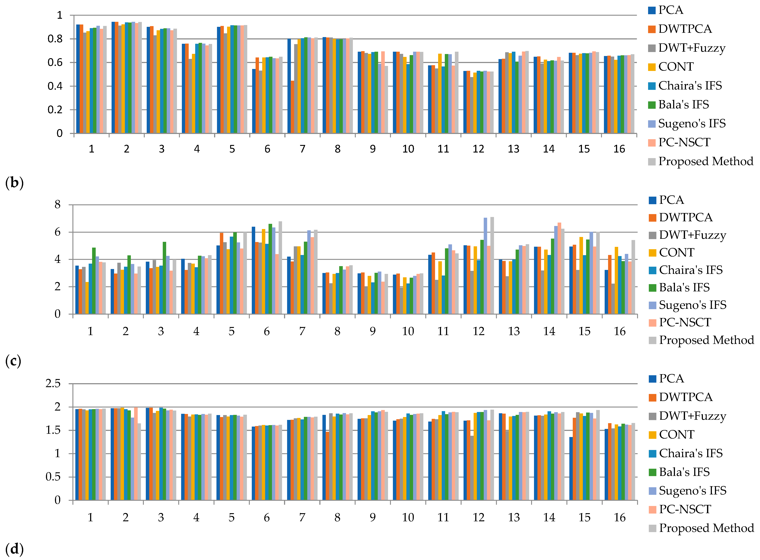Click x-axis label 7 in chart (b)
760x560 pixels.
tap(302, 149)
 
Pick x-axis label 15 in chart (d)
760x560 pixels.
tap(584, 518)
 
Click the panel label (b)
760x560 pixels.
tap(14, 183)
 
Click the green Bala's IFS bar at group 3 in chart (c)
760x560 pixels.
tap(165, 278)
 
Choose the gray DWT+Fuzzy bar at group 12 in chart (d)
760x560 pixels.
tap(472, 468)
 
